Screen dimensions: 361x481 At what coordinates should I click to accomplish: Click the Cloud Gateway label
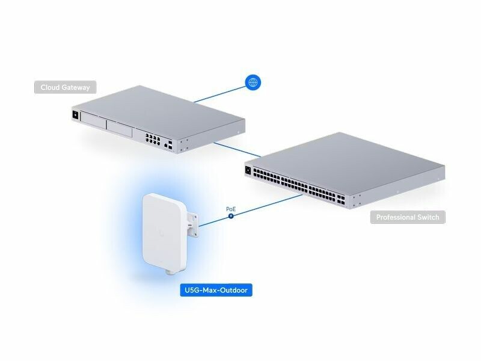[x=65, y=88]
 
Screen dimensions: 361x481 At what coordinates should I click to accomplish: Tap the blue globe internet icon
[x=254, y=82]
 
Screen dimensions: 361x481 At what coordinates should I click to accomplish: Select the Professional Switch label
[x=408, y=217]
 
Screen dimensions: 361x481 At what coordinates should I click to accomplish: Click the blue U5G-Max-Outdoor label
[x=215, y=291]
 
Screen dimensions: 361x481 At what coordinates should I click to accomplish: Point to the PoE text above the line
[x=231, y=209]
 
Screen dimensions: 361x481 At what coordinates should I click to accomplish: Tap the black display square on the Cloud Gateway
[x=75, y=115]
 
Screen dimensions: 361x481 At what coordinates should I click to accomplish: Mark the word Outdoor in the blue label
[x=231, y=291]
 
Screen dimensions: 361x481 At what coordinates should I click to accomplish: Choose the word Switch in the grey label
[x=427, y=217]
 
